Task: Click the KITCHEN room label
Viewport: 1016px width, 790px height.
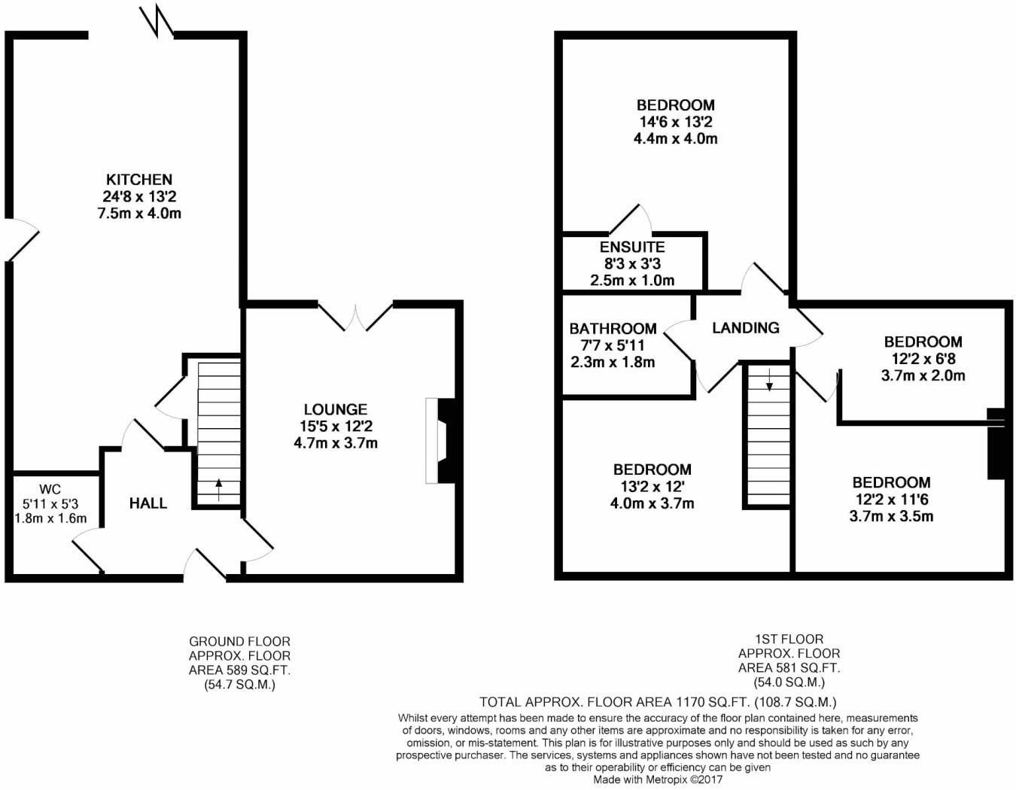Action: [139, 180]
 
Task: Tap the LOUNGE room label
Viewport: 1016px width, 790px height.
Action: [335, 409]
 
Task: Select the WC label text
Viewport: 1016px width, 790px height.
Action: [50, 490]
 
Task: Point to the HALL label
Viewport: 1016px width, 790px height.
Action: [148, 503]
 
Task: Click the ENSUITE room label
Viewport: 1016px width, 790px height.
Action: [632, 247]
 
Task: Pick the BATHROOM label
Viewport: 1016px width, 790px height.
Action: [613, 329]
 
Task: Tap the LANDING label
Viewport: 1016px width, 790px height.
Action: [746, 328]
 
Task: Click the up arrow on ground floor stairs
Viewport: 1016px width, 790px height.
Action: [218, 490]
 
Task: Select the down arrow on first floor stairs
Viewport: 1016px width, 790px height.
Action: [769, 379]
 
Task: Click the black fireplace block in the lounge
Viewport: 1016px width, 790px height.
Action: [446, 440]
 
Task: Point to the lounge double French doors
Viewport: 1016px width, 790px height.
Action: [355, 317]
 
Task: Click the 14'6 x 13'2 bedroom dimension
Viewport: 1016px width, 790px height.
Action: [676, 122]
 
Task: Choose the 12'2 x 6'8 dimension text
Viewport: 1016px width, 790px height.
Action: [923, 359]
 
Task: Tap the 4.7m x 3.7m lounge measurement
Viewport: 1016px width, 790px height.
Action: [335, 443]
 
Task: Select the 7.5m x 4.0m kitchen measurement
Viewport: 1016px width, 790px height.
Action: [139, 214]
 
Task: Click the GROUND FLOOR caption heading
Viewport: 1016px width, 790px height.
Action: [239, 641]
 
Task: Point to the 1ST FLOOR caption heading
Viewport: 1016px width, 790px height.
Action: [789, 639]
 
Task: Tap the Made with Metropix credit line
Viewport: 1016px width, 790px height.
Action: [658, 779]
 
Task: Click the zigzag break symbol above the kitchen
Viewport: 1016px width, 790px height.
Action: [157, 20]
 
